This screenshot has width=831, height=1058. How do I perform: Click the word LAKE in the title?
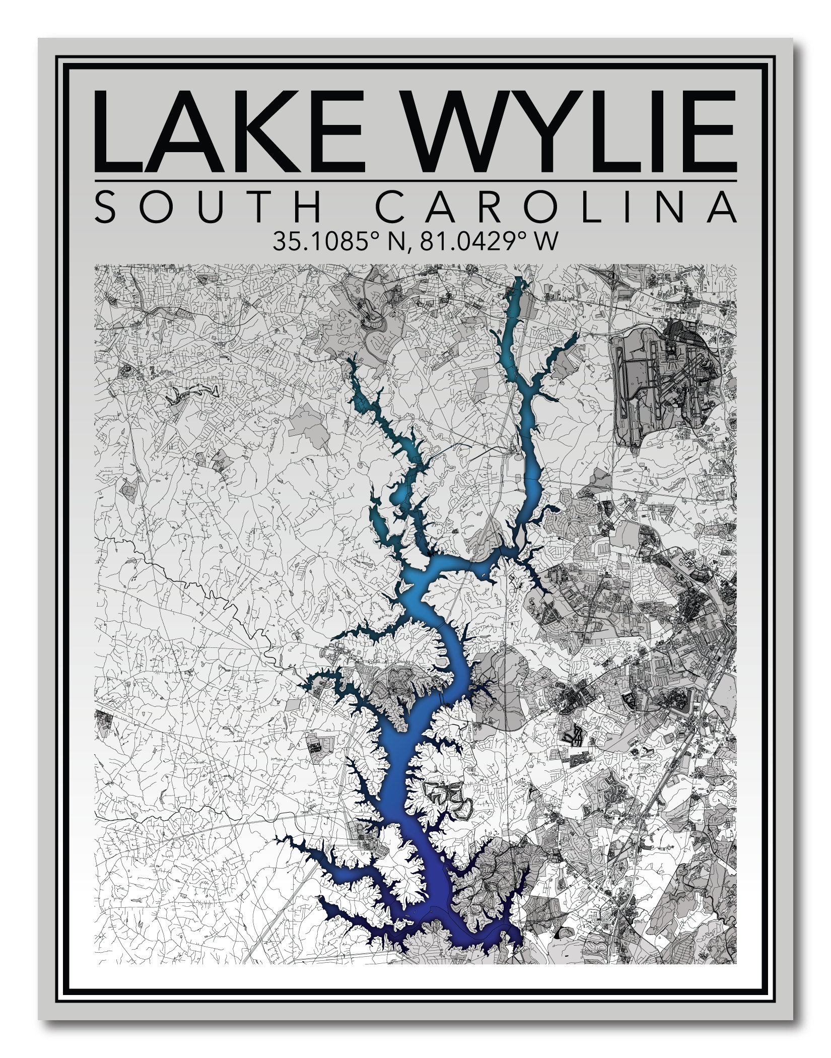click(x=229, y=132)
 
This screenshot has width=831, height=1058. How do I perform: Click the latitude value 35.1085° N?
click(x=334, y=241)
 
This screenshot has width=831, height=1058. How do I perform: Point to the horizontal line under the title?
click(x=415, y=180)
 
